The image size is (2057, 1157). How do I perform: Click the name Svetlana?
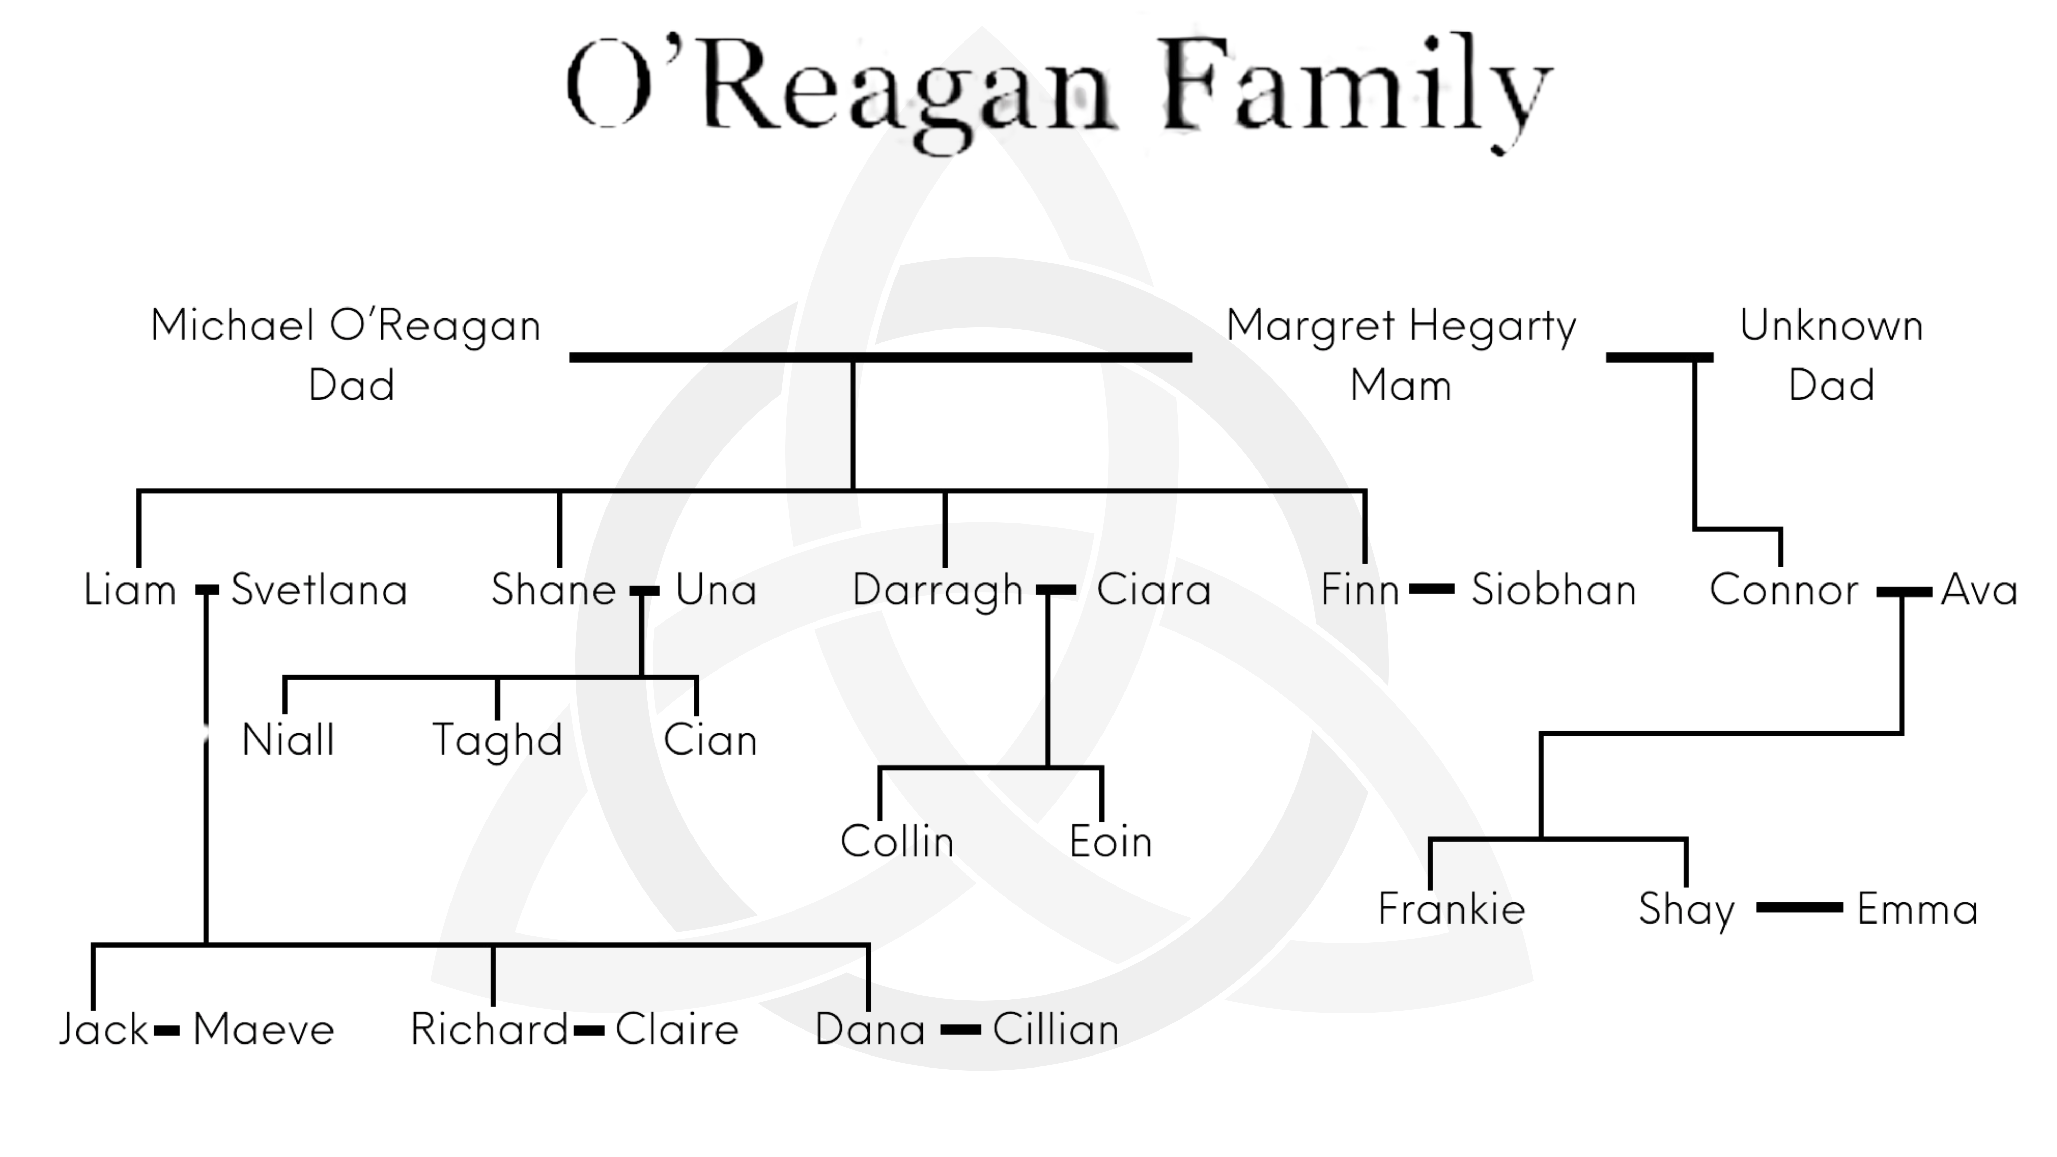(x=320, y=591)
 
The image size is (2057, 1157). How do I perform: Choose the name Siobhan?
(x=1553, y=591)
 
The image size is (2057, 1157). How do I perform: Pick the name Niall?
(x=288, y=740)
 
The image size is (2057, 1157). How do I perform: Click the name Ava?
(x=1979, y=591)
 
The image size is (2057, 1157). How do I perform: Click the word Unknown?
(x=1831, y=326)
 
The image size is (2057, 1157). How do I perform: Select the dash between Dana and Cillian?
(x=960, y=1030)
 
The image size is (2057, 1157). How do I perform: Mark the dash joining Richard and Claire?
(x=589, y=1030)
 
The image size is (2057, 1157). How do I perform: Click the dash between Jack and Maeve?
(x=166, y=1030)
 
